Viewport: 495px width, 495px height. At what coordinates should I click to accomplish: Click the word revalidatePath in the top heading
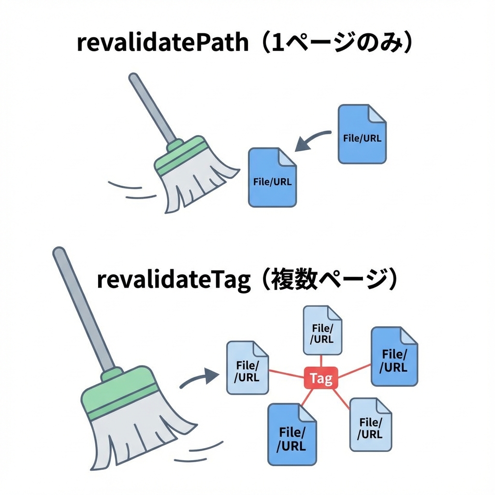162,44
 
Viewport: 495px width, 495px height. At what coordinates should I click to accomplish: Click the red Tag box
320,379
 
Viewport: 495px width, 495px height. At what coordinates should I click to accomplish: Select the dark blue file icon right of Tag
394,356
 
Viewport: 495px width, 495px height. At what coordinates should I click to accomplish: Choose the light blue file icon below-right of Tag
370,424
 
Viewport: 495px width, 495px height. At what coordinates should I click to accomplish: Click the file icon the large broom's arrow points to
247,367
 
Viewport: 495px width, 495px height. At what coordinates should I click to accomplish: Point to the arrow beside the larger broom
199,378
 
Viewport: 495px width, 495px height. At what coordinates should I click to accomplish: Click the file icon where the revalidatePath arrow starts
362,134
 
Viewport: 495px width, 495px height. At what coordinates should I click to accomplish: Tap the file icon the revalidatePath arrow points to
272,177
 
